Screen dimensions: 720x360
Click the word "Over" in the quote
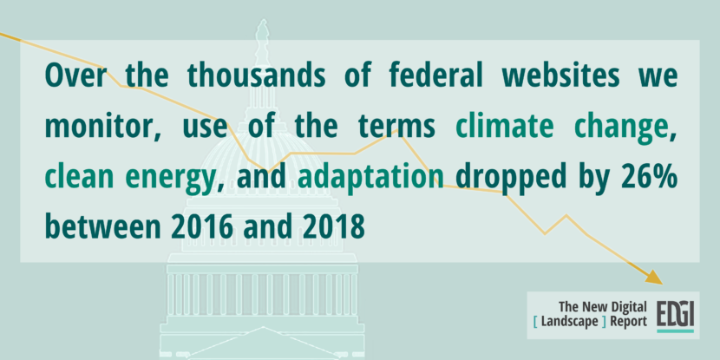75,76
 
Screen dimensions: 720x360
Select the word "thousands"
256,75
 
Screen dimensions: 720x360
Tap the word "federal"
435,75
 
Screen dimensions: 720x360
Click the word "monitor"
98,126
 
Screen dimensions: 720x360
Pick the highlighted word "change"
623,128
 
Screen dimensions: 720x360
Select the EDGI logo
675,316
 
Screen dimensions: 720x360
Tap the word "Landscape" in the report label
570,322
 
